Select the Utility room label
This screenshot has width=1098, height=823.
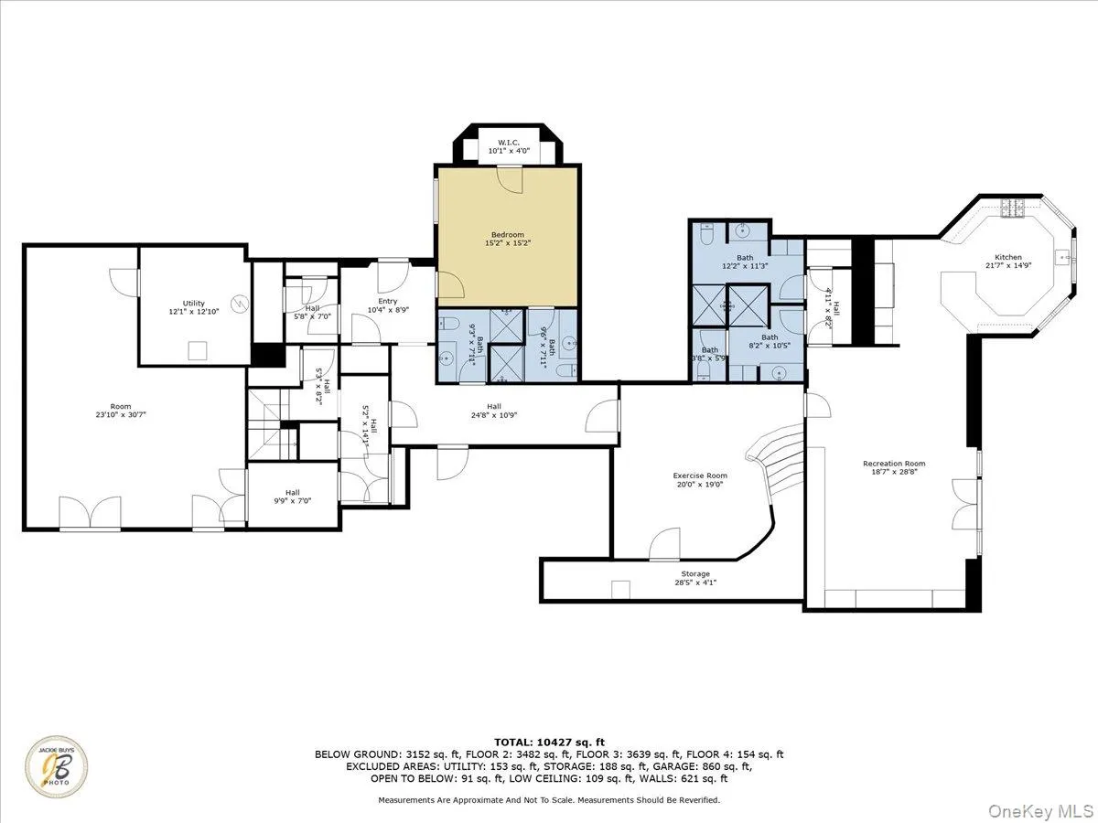(x=193, y=303)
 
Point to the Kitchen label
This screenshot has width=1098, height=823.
(x=1008, y=257)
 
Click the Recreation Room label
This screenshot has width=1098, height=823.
(x=894, y=464)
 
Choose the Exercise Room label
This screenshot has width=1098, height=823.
(x=700, y=476)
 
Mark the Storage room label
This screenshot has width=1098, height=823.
(x=694, y=573)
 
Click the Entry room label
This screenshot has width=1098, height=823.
(x=388, y=301)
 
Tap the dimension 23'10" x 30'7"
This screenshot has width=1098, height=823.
(x=121, y=414)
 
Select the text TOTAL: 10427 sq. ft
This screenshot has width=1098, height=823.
(x=549, y=742)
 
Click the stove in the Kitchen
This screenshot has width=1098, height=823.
(x=1014, y=209)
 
